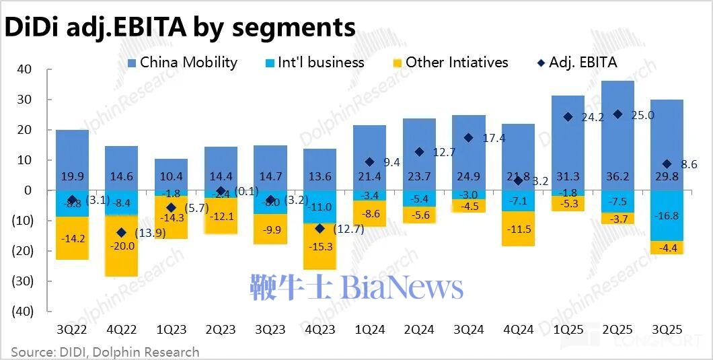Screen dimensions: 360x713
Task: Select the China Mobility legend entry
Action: tap(182, 63)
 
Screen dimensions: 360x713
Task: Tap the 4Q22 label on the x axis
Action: tap(121, 330)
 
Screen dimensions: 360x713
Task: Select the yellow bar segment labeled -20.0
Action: tap(121, 246)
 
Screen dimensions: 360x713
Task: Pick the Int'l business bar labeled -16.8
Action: tap(667, 215)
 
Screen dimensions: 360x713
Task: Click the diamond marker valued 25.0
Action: tap(617, 114)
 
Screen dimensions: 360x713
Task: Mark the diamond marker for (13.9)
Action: tap(121, 232)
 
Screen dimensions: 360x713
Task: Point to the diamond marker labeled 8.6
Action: tap(667, 164)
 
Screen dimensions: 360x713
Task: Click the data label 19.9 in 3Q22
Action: tap(72, 177)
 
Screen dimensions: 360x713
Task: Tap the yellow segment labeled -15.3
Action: tap(320, 247)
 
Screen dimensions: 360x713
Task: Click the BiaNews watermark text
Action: tap(356, 287)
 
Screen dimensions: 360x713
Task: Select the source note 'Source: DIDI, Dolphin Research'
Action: tap(105, 352)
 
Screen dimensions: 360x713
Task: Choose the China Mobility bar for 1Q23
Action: tap(171, 174)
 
